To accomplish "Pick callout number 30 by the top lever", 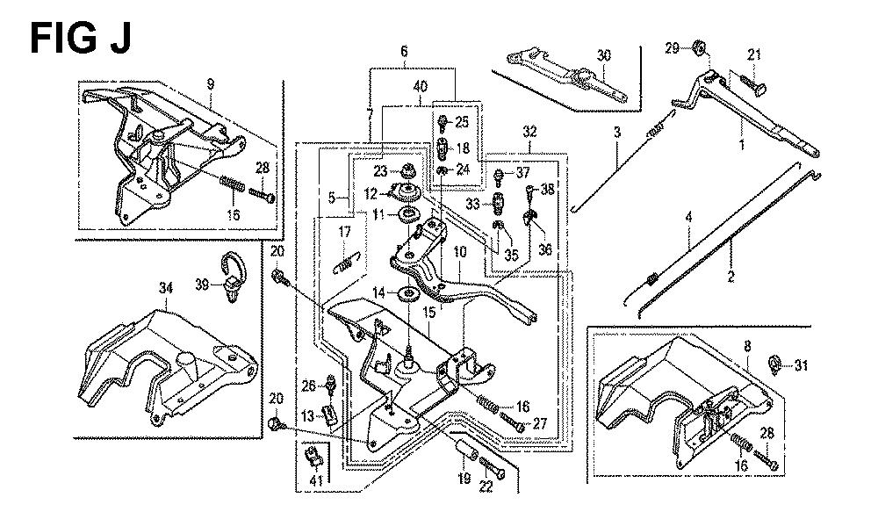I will pos(602,55).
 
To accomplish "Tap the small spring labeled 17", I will pos(349,261).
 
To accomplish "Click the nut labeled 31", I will pos(775,362).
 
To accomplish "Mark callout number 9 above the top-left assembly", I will pos(211,84).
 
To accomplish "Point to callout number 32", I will pos(529,131).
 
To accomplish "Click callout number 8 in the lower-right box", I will pos(746,346).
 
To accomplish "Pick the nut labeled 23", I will pos(408,170).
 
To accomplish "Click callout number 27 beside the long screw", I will pos(539,423).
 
